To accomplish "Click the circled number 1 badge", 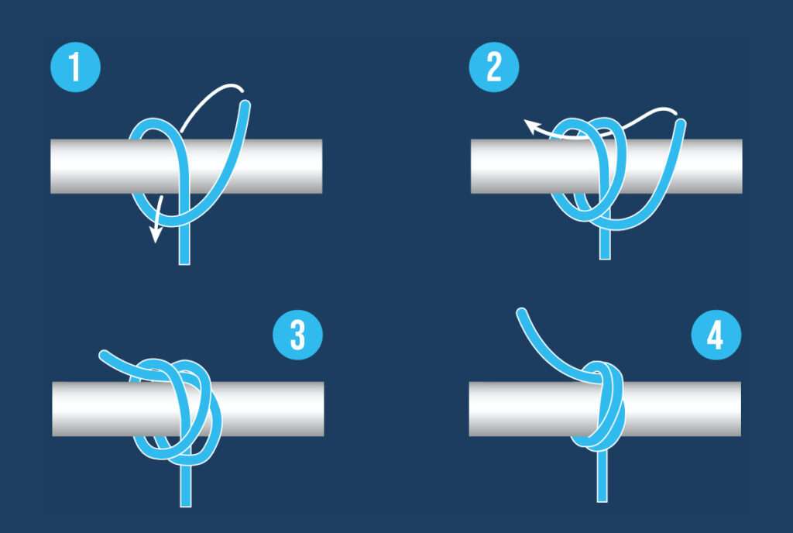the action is [x=75, y=67].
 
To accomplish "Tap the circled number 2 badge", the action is [x=493, y=67].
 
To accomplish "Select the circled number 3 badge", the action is [x=298, y=335].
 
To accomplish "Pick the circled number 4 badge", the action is [x=716, y=335].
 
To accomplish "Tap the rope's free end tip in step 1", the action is [x=245, y=105].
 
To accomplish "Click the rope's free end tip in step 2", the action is [x=681, y=123].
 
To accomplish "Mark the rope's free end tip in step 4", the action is [x=521, y=312].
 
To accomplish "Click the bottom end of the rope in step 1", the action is [x=184, y=263].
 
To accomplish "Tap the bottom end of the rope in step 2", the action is [x=604, y=258].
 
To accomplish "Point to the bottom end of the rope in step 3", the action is [x=186, y=505].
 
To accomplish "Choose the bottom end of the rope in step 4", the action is [x=602, y=500].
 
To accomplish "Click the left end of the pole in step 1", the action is [x=51, y=166].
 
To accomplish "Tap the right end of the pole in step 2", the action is [x=741, y=166].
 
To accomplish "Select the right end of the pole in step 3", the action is [x=323, y=408].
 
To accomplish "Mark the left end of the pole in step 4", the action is [x=470, y=408].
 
